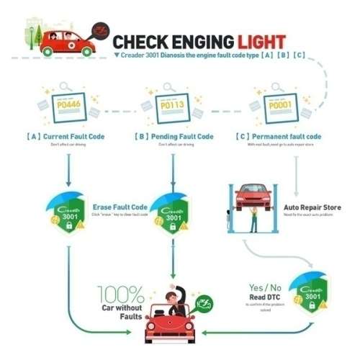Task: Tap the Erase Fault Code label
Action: pyautogui.click(x=120, y=206)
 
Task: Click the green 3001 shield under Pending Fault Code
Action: pyautogui.click(x=173, y=215)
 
